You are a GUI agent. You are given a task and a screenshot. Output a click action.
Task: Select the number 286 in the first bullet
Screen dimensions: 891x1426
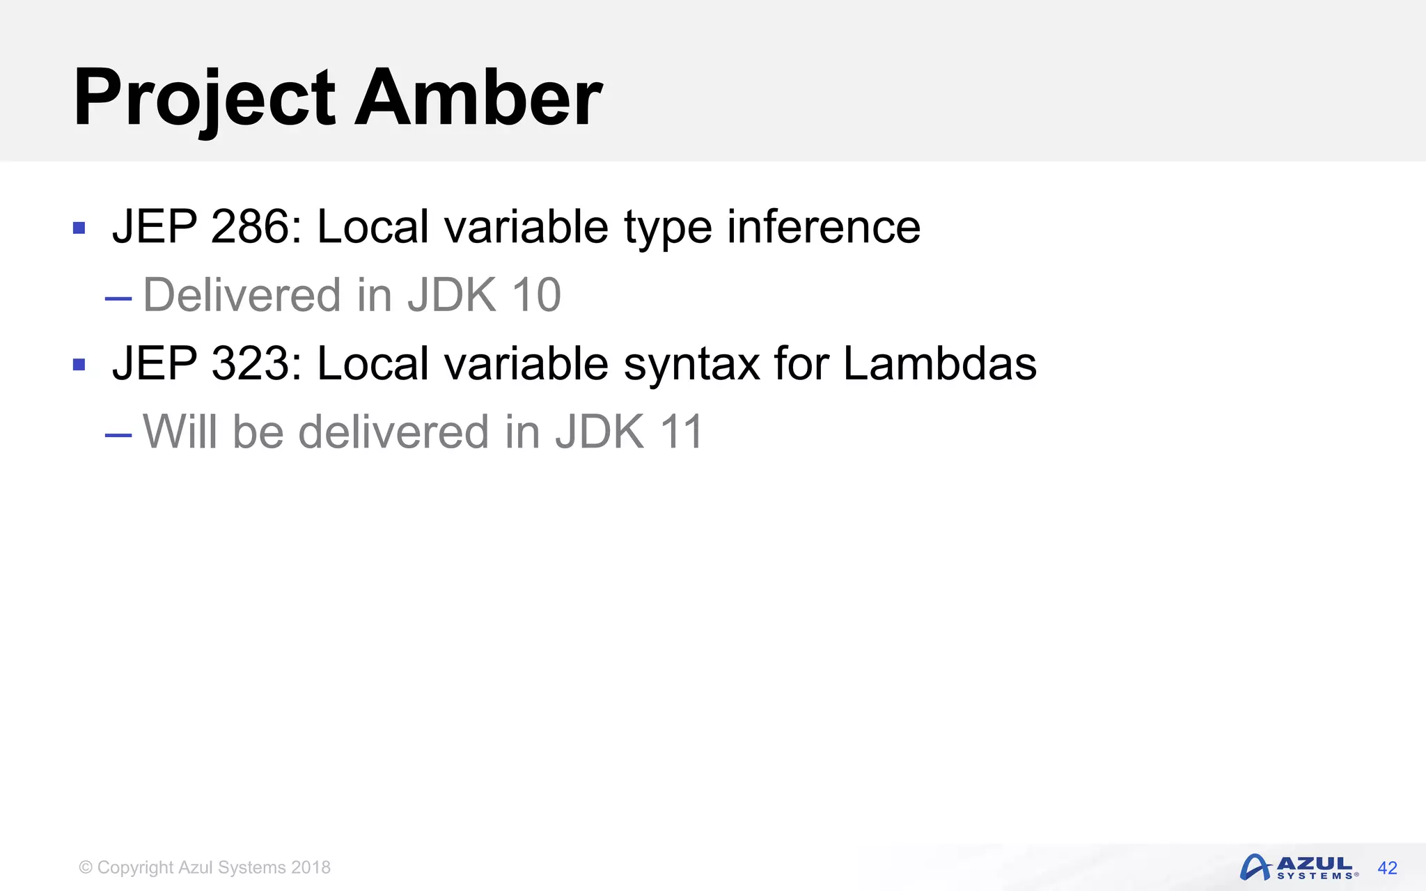(x=250, y=227)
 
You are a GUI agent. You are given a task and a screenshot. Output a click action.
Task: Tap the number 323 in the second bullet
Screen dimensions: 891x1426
(x=250, y=364)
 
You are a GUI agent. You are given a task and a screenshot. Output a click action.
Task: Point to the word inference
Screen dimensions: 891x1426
(x=824, y=227)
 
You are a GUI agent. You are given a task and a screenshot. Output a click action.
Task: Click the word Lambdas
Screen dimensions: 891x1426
(x=939, y=364)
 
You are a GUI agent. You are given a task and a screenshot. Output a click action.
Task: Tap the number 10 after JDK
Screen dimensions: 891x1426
(x=536, y=295)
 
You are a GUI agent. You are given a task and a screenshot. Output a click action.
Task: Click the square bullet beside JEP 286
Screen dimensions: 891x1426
(x=79, y=228)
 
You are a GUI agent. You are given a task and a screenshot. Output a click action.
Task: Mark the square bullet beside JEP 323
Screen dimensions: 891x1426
(x=79, y=365)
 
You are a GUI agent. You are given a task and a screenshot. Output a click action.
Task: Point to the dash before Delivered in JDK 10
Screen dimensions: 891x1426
(x=118, y=299)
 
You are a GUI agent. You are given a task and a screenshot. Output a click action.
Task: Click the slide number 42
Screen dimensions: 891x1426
(x=1387, y=868)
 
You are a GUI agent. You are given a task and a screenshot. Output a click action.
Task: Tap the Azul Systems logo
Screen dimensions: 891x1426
(x=1299, y=867)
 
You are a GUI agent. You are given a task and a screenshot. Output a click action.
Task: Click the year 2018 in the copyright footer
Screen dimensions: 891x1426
(x=311, y=867)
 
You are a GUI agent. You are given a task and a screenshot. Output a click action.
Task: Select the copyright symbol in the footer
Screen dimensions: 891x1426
(x=86, y=867)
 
